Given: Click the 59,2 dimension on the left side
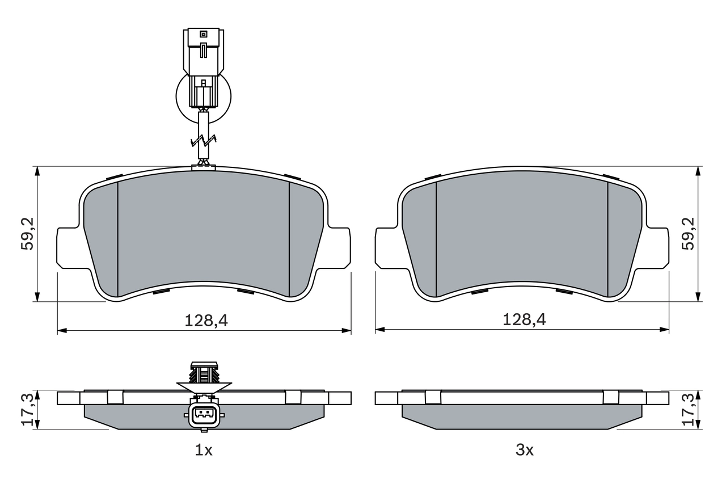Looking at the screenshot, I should [x=27, y=233].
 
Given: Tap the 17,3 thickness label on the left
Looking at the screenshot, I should [x=27, y=410].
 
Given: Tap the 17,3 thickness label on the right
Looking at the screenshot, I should [x=688, y=410].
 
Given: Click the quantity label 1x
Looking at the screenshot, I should [x=204, y=451].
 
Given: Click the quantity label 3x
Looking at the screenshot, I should [x=525, y=451].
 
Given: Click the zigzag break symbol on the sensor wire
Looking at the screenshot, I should [x=204, y=141].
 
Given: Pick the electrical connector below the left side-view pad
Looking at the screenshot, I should [x=204, y=416].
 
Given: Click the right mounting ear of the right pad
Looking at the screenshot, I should [x=657, y=248].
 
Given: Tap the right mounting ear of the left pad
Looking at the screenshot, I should [x=338, y=248].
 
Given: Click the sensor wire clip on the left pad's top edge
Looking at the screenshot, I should [x=204, y=166].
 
